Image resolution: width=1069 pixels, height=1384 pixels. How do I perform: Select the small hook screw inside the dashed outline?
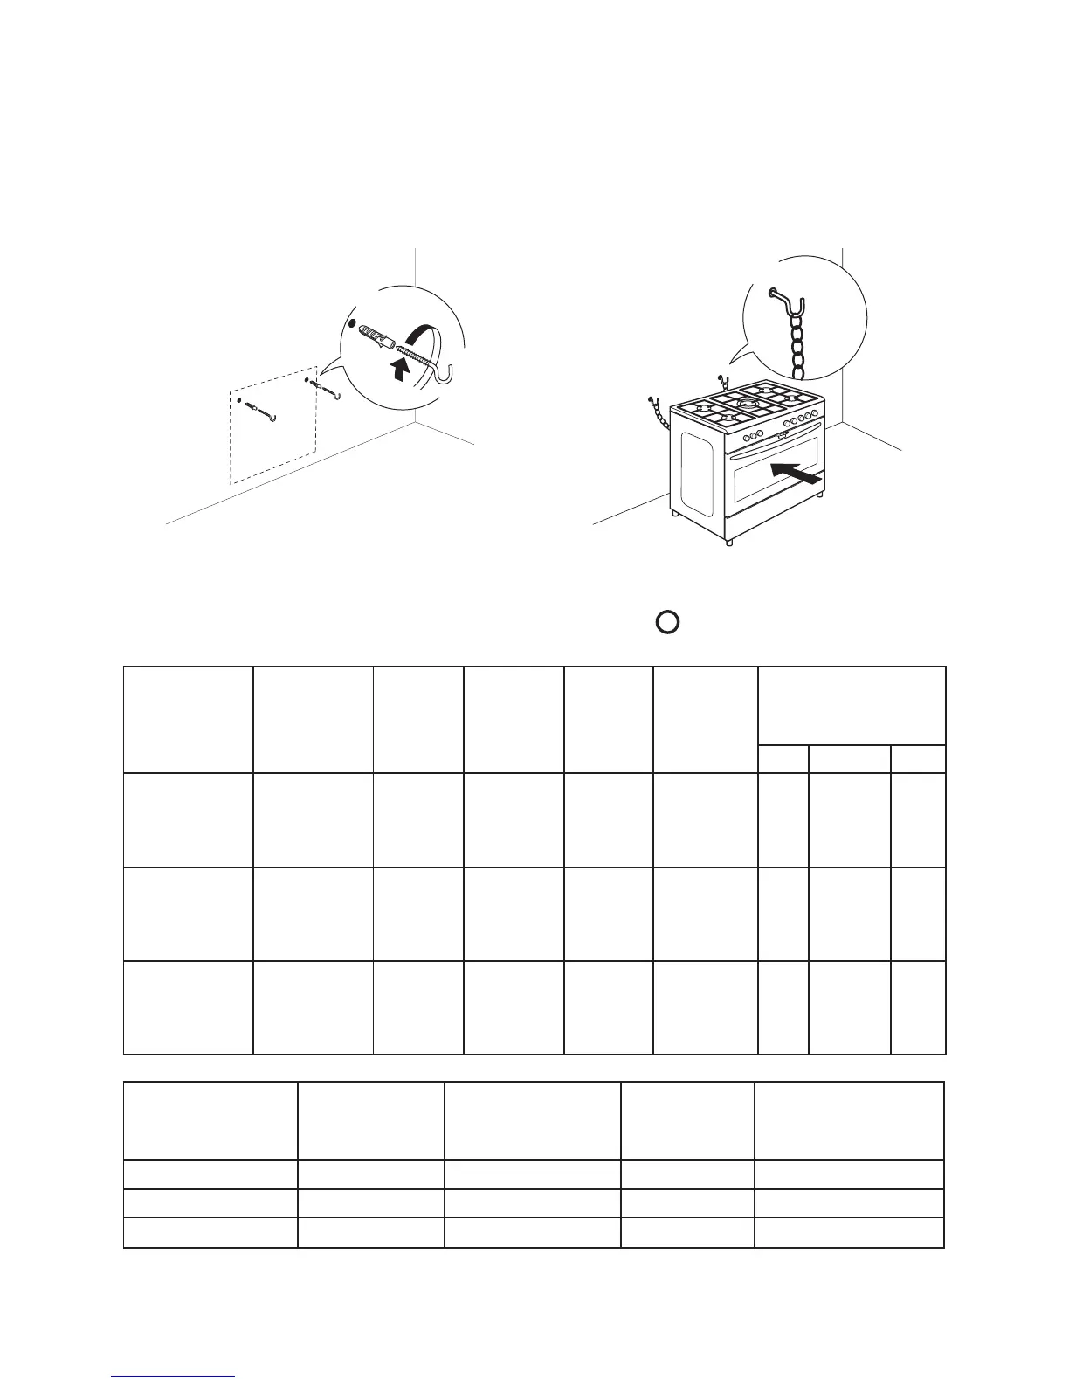[262, 410]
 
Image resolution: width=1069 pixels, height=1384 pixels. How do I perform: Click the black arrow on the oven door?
[797, 474]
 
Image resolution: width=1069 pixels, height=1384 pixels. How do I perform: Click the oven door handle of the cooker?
[773, 450]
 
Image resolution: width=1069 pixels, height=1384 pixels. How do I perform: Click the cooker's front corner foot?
[729, 542]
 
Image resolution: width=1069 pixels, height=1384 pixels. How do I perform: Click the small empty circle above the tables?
[667, 621]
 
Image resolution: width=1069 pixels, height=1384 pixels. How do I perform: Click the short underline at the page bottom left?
[173, 1378]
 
